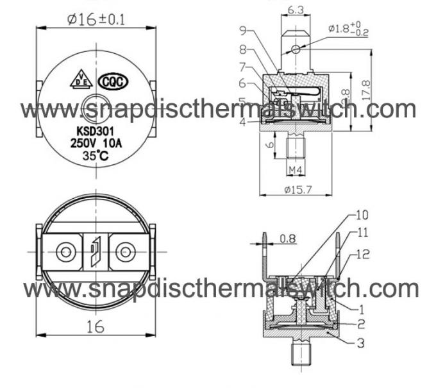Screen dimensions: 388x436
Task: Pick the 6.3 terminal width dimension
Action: (296, 10)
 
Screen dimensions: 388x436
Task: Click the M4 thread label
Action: (294, 170)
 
